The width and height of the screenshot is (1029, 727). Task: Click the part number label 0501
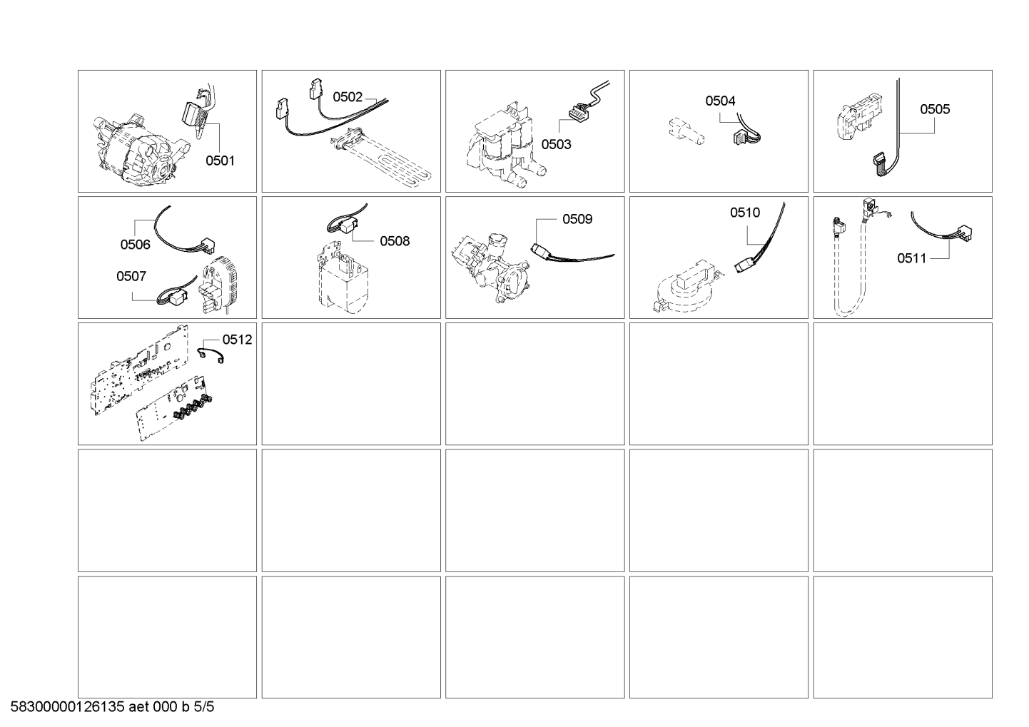click(x=220, y=161)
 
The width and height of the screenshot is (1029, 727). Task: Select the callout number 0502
click(x=348, y=97)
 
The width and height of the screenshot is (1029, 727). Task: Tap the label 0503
click(x=557, y=144)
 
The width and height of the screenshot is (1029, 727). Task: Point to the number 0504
click(x=720, y=101)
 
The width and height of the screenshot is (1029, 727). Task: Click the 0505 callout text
click(x=935, y=109)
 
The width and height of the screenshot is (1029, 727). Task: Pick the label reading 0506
click(x=136, y=244)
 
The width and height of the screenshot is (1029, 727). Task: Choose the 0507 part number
click(x=131, y=276)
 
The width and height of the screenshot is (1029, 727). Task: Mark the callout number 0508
click(x=395, y=240)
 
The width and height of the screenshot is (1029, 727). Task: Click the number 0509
click(x=577, y=218)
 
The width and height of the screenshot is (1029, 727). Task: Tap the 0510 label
click(x=745, y=212)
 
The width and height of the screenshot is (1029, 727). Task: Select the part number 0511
click(x=912, y=258)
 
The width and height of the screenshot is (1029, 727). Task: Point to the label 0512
click(x=238, y=340)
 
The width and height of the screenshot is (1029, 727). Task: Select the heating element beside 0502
click(x=381, y=156)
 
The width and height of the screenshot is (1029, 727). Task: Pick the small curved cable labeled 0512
click(x=211, y=355)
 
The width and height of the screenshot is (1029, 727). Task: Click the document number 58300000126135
click(x=67, y=707)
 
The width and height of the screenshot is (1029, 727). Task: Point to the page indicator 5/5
click(x=204, y=707)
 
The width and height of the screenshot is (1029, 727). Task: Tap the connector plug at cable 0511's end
click(x=963, y=233)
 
